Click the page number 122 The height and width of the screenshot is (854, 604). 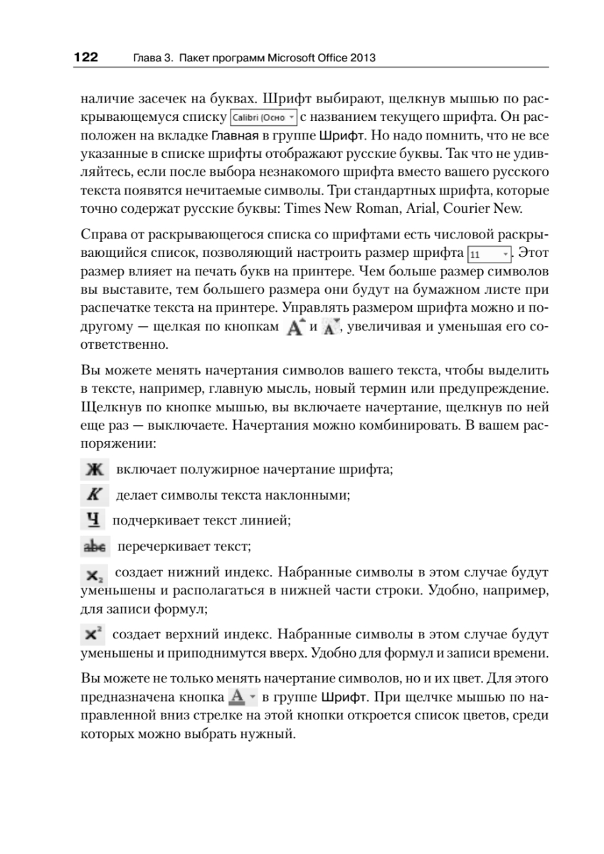point(85,56)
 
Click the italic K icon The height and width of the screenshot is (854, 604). point(93,494)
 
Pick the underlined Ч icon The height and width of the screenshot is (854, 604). point(92,520)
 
